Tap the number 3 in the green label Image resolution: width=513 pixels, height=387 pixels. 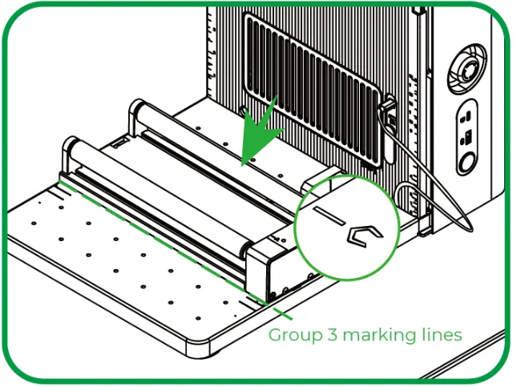332,334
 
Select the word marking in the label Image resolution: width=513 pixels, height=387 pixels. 378,336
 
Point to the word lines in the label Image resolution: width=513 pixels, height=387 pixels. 440,334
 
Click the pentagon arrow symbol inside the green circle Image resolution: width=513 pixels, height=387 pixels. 364,236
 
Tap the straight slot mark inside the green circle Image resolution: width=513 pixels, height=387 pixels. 329,216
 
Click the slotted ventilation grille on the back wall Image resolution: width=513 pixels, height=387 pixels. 313,88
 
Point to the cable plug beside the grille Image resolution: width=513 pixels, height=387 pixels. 388,108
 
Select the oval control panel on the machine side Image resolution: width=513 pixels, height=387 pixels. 467,137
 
